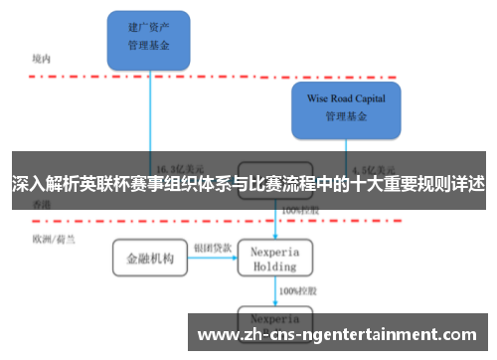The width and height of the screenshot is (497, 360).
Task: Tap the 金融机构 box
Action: pyautogui.click(x=149, y=260)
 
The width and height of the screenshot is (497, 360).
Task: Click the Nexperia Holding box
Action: pyautogui.click(x=275, y=259)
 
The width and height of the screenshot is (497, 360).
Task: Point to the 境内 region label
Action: pyautogui.click(x=41, y=59)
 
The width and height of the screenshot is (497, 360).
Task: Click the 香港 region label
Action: pyautogui.click(x=41, y=204)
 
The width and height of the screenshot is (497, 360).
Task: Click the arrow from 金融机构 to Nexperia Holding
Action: pyautogui.click(x=211, y=260)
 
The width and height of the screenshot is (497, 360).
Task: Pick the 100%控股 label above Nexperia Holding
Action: pyautogui.click(x=297, y=211)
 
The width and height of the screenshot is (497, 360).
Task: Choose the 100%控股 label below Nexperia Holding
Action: pyautogui.click(x=297, y=291)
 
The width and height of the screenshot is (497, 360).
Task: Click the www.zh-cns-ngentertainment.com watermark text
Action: pyautogui.click(x=342, y=334)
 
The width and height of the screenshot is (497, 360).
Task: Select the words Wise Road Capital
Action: pyautogui.click(x=345, y=98)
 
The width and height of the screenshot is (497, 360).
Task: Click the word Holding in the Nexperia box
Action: pyautogui.click(x=275, y=267)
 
